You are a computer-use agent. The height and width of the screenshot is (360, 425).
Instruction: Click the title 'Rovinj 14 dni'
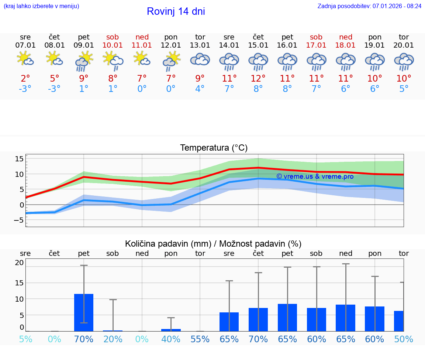pyautogui.click(x=176, y=11)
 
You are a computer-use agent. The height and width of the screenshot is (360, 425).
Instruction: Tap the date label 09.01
pyautogui.click(x=84, y=45)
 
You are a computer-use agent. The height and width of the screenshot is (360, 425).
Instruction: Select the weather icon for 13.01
pyautogui.click(x=200, y=61)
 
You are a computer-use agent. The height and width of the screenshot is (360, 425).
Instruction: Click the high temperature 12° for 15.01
pyautogui.click(x=258, y=79)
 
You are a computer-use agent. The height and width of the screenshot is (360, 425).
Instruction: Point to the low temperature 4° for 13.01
pyautogui.click(x=200, y=89)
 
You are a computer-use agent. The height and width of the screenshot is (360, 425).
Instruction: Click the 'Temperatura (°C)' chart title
pyautogui.click(x=214, y=148)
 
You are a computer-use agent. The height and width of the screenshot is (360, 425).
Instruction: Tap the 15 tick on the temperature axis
pyautogui.click(x=20, y=159)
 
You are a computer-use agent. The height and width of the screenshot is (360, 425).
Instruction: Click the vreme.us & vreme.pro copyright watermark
pyautogui.click(x=315, y=176)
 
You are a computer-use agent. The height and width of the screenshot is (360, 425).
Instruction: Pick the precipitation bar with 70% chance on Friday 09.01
pyautogui.click(x=84, y=312)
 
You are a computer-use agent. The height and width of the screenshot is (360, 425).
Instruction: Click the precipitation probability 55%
pyautogui.click(x=200, y=339)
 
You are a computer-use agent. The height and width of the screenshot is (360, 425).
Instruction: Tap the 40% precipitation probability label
pyautogui.click(x=171, y=339)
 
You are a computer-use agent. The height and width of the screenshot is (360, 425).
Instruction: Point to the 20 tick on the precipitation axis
pyautogui.click(x=19, y=263)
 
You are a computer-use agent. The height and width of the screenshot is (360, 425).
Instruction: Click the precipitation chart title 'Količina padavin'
pyautogui.click(x=213, y=244)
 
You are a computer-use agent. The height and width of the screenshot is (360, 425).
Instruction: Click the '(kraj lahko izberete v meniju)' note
pyautogui.click(x=41, y=6)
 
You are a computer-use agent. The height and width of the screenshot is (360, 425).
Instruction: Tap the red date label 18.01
pyautogui.click(x=345, y=45)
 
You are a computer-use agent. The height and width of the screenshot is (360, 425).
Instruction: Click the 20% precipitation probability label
pyautogui.click(x=113, y=339)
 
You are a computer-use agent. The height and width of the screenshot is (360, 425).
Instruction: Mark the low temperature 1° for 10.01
pyautogui.click(x=113, y=89)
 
